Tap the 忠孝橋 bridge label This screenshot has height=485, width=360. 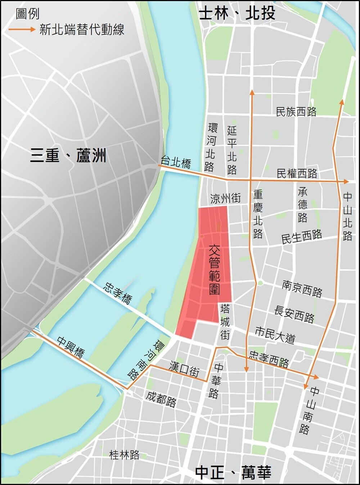coord(118,293)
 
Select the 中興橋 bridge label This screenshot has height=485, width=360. coord(71,347)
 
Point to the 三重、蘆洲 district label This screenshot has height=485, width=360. coord(68,157)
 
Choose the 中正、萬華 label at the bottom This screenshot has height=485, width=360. coord(233,472)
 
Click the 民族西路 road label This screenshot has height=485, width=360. coord(296,112)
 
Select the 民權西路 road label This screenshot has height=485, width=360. coord(297,173)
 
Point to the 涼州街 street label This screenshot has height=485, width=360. coord(225,198)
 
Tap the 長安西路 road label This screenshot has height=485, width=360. coord(294,314)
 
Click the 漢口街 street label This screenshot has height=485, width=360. coord(184,369)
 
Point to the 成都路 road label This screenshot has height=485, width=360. coord(161,399)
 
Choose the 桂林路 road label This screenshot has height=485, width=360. coord(124,455)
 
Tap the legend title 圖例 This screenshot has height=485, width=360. coord(28,14)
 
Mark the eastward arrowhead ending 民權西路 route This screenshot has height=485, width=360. coord(346,182)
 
